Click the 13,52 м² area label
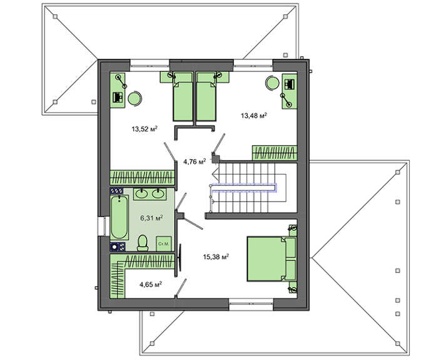(145, 129)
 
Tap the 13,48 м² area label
(253, 115)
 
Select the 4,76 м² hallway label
(195, 162)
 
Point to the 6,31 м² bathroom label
(151, 218)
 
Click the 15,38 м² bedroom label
(216, 257)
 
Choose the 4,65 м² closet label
(151, 284)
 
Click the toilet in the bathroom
(143, 243)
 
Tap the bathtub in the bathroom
(120, 217)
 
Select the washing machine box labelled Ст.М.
(164, 244)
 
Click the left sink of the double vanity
(141, 193)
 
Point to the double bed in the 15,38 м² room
(272, 259)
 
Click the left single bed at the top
(183, 96)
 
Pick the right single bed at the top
(206, 96)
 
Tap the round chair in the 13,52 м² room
(135, 99)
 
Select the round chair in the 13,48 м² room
(272, 83)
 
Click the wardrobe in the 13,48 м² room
(274, 153)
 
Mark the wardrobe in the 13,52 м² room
(142, 177)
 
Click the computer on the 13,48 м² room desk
(289, 85)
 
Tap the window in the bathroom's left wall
(101, 226)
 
